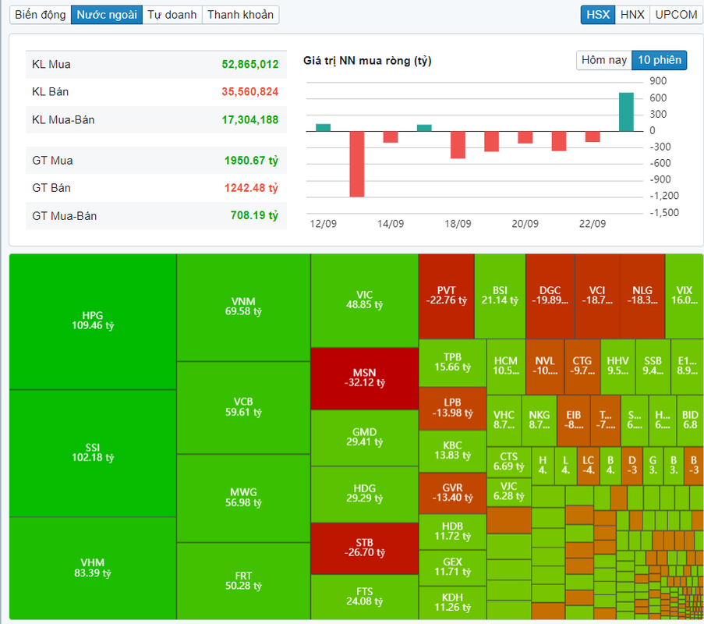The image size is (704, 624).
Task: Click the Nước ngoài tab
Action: (x=107, y=15)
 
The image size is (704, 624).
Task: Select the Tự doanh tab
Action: (x=172, y=15)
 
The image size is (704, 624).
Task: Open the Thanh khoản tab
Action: (x=240, y=15)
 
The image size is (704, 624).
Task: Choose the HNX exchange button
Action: (x=632, y=15)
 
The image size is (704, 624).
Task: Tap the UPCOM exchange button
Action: (x=676, y=15)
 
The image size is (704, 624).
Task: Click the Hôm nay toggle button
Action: (x=603, y=60)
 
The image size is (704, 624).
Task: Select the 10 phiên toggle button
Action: (x=659, y=60)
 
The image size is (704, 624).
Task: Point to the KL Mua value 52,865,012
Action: (x=249, y=64)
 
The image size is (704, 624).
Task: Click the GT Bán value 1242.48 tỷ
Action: (x=252, y=188)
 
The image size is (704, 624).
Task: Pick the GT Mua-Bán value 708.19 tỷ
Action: (x=254, y=215)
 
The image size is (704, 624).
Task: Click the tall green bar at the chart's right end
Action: (x=626, y=112)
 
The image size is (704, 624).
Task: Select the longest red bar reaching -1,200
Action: (x=357, y=163)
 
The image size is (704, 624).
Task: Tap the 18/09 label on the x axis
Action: (x=458, y=224)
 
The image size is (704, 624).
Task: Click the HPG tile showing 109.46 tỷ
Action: (x=92, y=321)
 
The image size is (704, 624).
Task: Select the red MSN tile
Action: (x=364, y=378)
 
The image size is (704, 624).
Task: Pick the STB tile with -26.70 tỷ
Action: (x=364, y=548)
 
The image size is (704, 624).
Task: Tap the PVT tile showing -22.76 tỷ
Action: (x=446, y=295)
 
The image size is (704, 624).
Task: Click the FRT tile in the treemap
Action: (x=243, y=581)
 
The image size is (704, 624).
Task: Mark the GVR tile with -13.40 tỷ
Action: (x=452, y=493)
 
